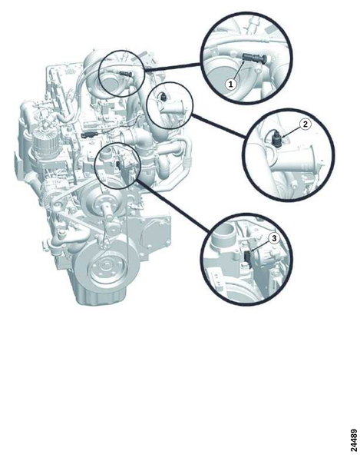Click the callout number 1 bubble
[x=231, y=85]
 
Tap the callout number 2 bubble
[x=305, y=124]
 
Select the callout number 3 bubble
[x=274, y=238]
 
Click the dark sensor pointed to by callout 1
[x=254, y=58]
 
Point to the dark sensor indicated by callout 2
[x=277, y=139]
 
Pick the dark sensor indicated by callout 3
[x=248, y=256]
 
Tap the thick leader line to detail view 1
[x=173, y=68]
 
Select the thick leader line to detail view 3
[x=173, y=205]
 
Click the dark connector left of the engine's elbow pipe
[x=89, y=135]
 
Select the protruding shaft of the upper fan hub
[x=107, y=212]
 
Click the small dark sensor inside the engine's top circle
[x=126, y=73]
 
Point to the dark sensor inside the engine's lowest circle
[x=118, y=165]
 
